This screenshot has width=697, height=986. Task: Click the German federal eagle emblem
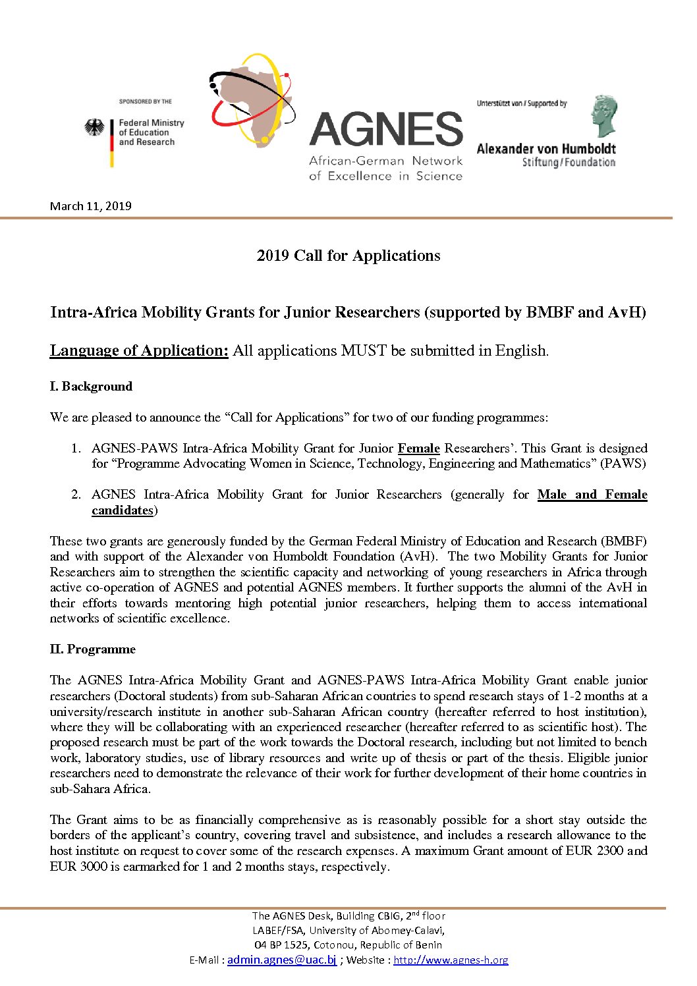[95, 128]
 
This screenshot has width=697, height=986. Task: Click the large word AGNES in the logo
[386, 129]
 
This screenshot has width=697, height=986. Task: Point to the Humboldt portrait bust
[603, 116]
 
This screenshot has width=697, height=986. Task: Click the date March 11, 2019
[91, 206]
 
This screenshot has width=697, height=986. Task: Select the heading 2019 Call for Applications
[348, 256]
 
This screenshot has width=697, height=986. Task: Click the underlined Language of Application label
[139, 350]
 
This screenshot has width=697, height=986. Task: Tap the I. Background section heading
[91, 387]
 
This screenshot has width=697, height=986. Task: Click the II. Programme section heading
[93, 649]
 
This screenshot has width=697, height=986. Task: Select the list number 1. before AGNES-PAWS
[76, 449]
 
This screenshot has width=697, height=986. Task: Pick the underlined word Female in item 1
[418, 449]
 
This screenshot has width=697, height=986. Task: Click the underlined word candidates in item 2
[123, 510]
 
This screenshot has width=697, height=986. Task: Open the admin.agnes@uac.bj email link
[282, 960]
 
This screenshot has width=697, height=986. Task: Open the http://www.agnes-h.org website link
[451, 960]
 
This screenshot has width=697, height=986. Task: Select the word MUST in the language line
[364, 350]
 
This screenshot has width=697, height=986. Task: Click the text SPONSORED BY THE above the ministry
[145, 101]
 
